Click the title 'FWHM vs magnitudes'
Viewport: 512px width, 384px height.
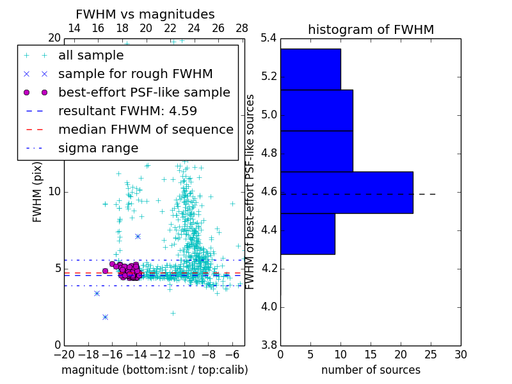click(145, 14)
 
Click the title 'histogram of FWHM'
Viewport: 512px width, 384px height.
click(371, 29)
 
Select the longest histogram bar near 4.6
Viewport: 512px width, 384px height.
click(346, 193)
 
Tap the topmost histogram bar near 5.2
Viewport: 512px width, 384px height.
click(310, 69)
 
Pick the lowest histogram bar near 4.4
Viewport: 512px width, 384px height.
click(307, 234)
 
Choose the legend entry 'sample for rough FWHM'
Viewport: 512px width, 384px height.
click(135, 74)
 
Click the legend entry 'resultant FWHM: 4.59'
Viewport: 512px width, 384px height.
click(127, 111)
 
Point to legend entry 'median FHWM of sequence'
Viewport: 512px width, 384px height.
click(145, 129)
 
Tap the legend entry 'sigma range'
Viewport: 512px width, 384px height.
click(98, 148)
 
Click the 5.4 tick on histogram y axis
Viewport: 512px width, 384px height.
click(269, 38)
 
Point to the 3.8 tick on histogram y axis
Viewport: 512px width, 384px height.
click(269, 345)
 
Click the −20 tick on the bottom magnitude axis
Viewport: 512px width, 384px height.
click(64, 354)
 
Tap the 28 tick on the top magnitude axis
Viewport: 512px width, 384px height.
click(242, 29)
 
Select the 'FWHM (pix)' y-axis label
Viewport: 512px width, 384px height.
click(37, 192)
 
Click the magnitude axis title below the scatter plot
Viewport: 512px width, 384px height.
click(154, 370)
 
